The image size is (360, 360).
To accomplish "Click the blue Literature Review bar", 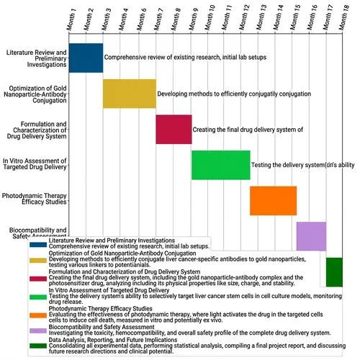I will [x=86, y=58].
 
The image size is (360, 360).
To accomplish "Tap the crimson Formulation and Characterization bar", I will [x=174, y=129].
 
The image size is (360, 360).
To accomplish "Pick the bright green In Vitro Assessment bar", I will [x=220, y=165].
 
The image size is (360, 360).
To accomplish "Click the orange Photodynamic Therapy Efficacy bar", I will [x=273, y=200].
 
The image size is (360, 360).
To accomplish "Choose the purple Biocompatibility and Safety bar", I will [x=311, y=235].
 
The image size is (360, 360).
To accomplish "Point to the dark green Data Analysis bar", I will [x=334, y=271].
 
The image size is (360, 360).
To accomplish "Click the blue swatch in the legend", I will [x=37, y=243].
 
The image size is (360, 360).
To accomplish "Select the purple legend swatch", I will [x=37, y=330].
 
